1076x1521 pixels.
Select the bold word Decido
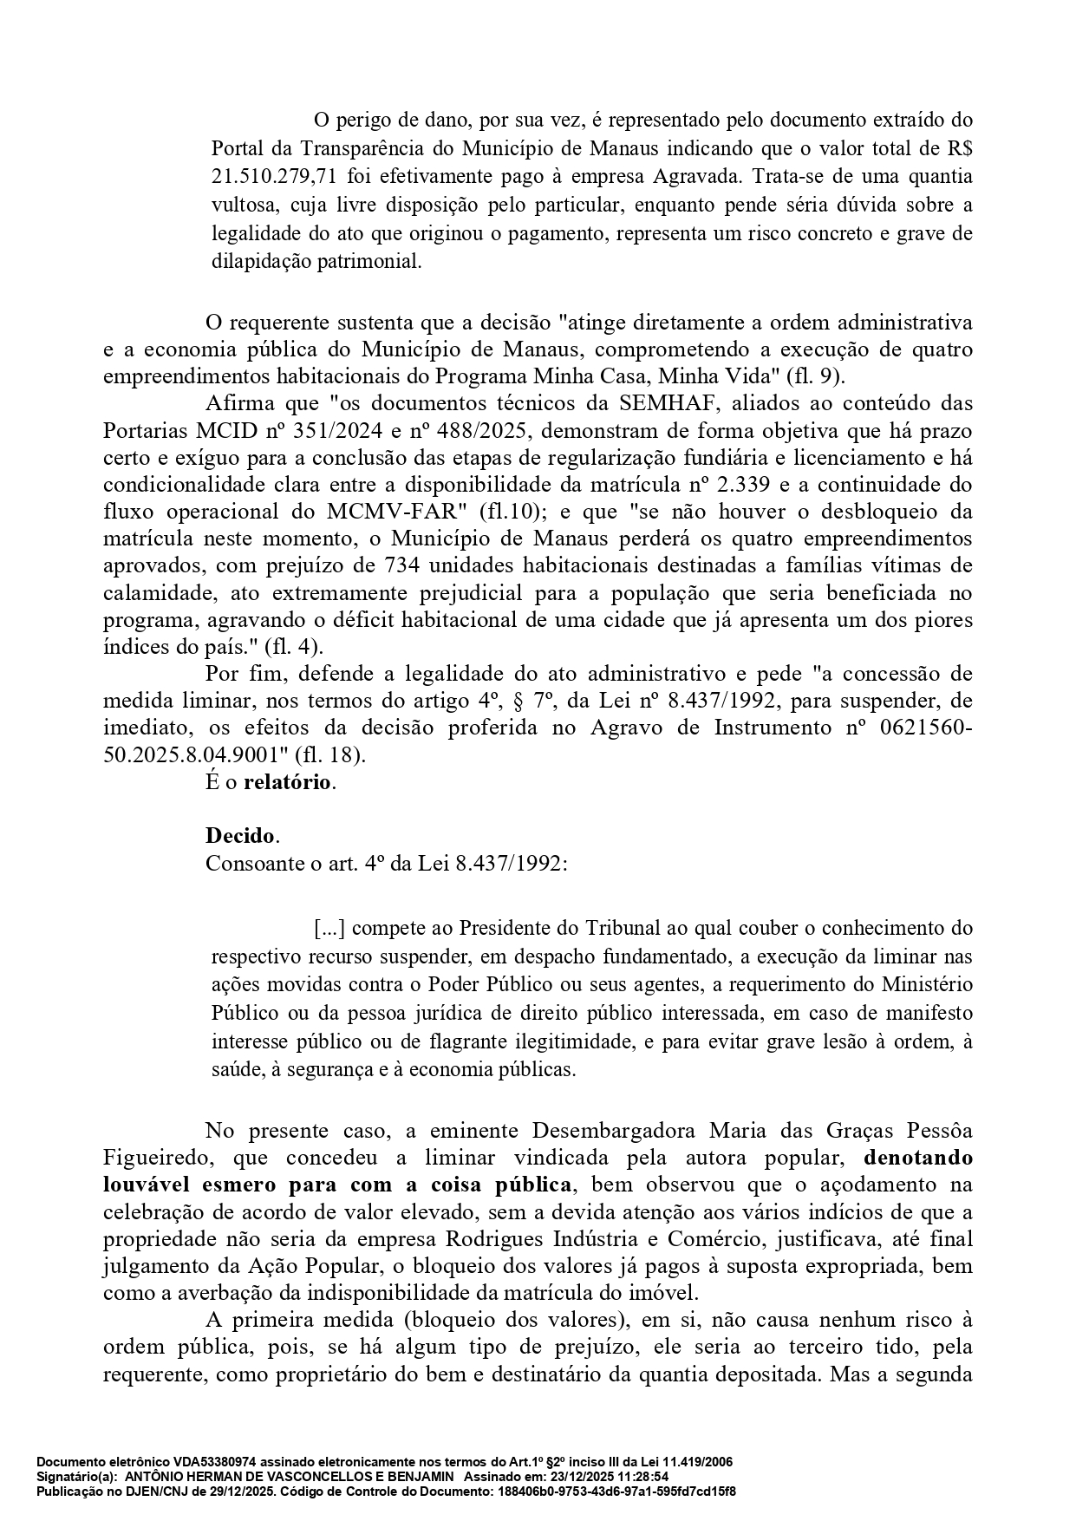(x=240, y=836)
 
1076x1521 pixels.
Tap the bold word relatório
(x=287, y=781)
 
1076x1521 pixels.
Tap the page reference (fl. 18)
(x=330, y=754)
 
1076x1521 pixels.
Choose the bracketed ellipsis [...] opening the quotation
(x=329, y=929)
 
